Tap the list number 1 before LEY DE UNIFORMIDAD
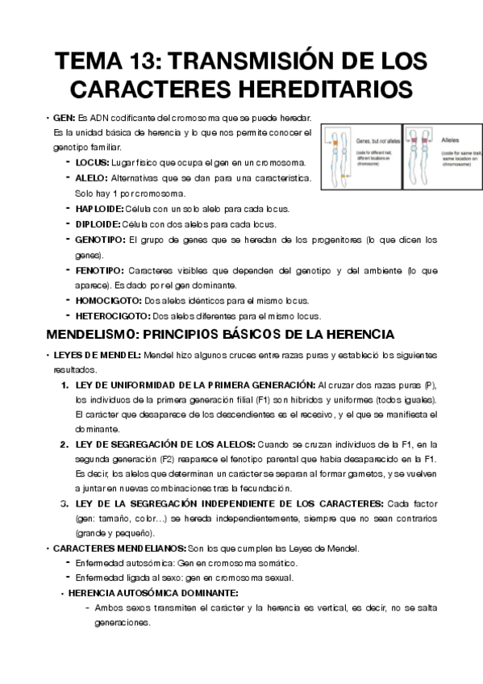pyautogui.click(x=64, y=385)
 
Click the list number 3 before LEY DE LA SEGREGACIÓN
pyautogui.click(x=64, y=503)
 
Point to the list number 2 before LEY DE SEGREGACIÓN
pyautogui.click(x=64, y=444)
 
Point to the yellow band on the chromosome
pyautogui.click(x=343, y=175)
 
